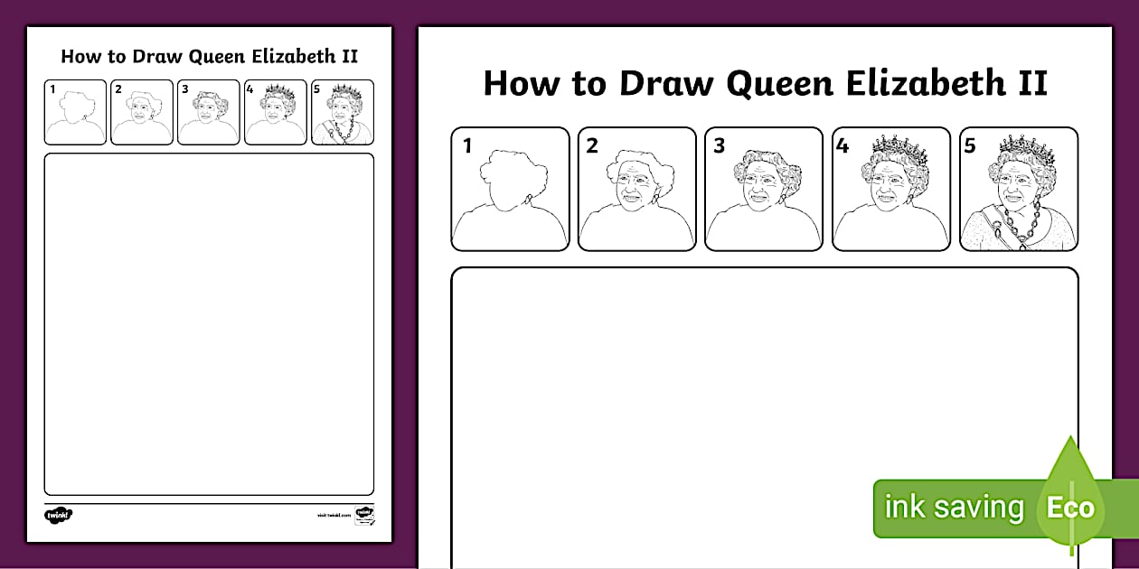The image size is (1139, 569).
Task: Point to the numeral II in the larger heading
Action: pyautogui.click(x=1031, y=83)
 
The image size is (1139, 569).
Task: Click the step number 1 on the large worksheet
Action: pyautogui.click(x=466, y=145)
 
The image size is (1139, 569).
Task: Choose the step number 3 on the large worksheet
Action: pyautogui.click(x=720, y=145)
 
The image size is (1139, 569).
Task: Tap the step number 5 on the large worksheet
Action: pyautogui.click(x=970, y=145)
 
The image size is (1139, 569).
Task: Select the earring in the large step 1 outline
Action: pyautogui.click(x=530, y=198)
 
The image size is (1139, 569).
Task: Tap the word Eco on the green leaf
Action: pyautogui.click(x=1070, y=508)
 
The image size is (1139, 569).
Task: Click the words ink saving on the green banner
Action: pyautogui.click(x=954, y=508)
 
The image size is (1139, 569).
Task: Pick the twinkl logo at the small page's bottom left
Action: pyautogui.click(x=58, y=515)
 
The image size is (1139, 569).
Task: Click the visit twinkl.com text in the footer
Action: pyautogui.click(x=334, y=515)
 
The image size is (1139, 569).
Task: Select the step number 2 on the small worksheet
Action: pyautogui.click(x=118, y=89)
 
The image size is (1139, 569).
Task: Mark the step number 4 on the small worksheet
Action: pyautogui.click(x=249, y=89)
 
